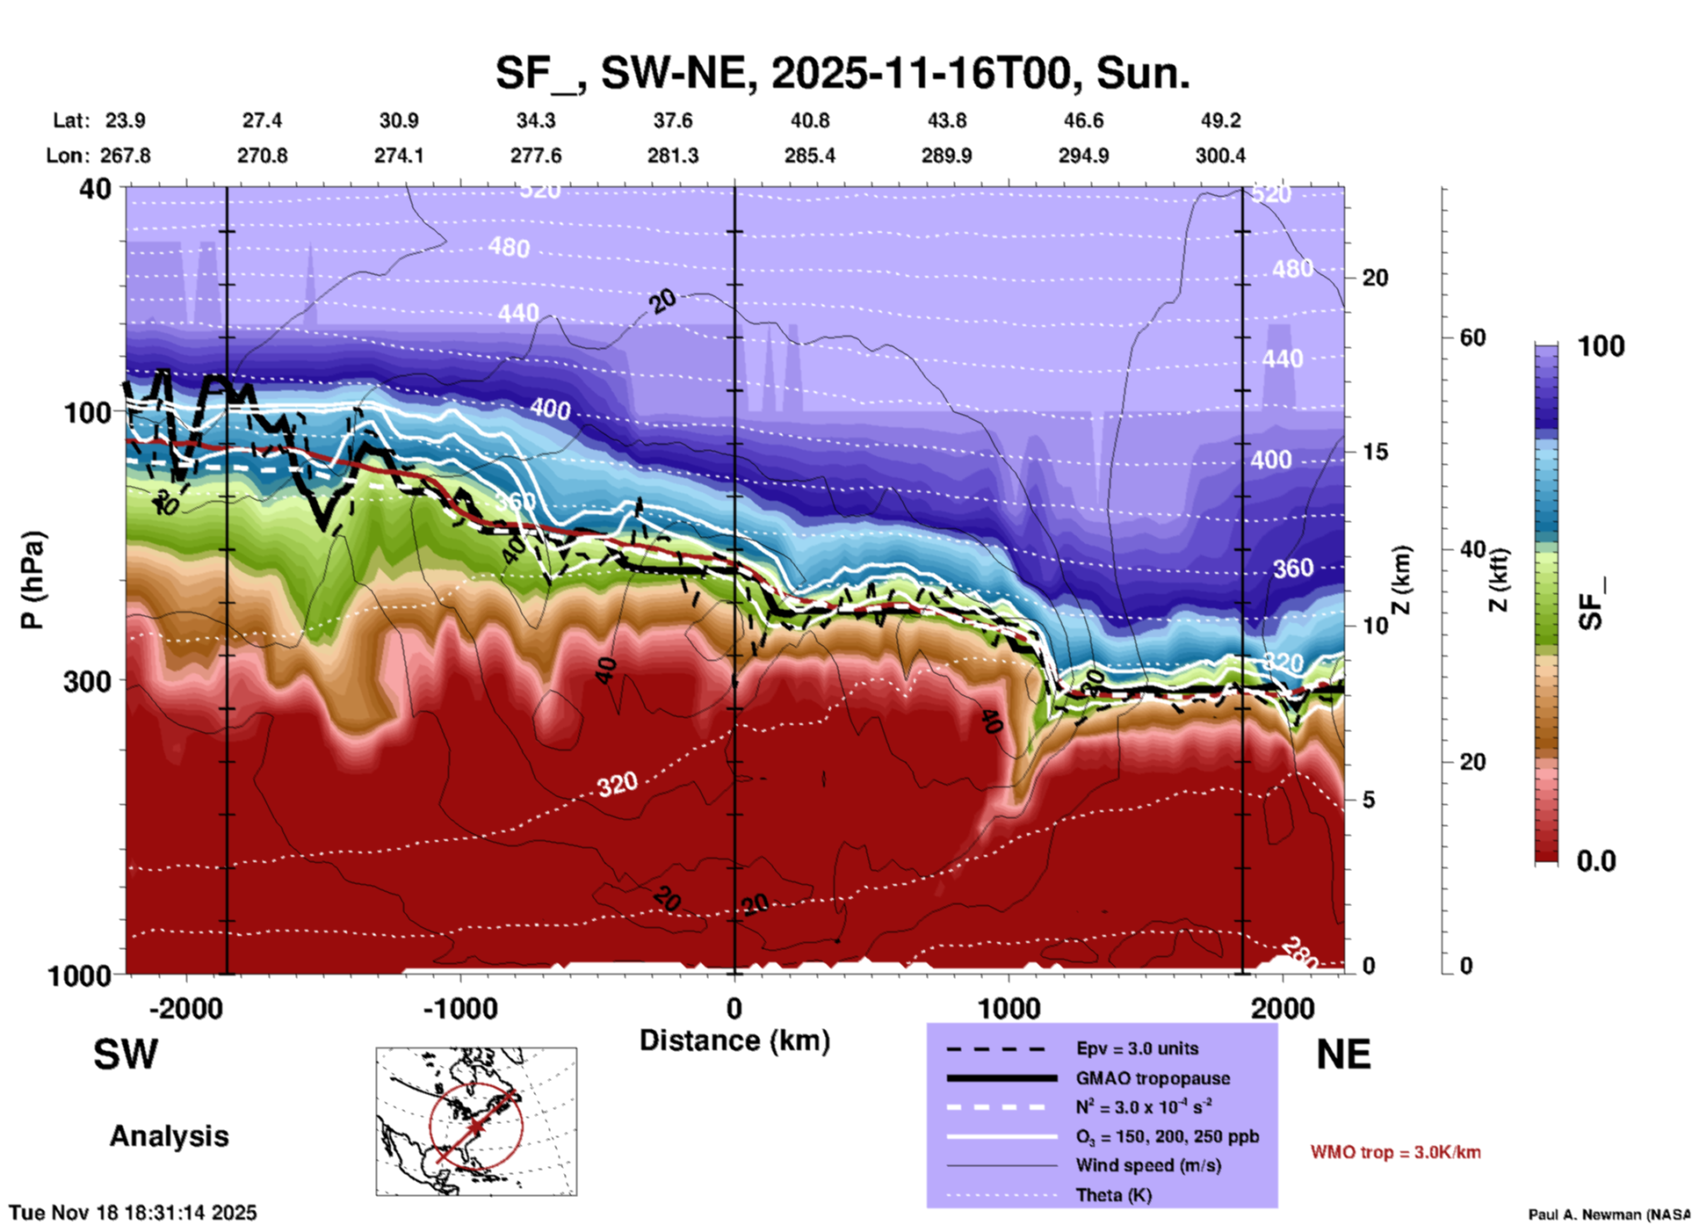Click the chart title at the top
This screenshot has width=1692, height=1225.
click(842, 72)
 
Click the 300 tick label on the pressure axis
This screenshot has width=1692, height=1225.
click(87, 681)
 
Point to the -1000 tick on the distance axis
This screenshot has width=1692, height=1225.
click(460, 1008)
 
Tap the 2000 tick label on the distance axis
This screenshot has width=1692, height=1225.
click(1283, 1008)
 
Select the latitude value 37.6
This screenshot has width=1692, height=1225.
click(673, 120)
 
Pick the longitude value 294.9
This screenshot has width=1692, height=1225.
click(1083, 156)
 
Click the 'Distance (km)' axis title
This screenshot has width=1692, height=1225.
click(734, 1040)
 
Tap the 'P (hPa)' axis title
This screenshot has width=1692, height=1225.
click(33, 580)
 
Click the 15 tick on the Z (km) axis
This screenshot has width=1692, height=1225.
click(1375, 452)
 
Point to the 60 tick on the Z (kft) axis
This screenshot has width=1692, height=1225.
click(1472, 337)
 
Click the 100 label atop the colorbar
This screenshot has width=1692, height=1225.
click(1601, 346)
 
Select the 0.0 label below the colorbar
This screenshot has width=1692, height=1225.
click(1596, 860)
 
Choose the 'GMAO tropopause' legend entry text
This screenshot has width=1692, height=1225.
click(1153, 1078)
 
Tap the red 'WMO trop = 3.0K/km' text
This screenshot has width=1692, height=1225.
click(1395, 1152)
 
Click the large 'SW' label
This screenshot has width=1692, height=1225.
click(126, 1055)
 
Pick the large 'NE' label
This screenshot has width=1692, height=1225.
click(1343, 1055)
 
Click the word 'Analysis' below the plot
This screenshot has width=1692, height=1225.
click(169, 1136)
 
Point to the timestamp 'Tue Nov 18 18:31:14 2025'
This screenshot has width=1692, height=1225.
click(133, 1213)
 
